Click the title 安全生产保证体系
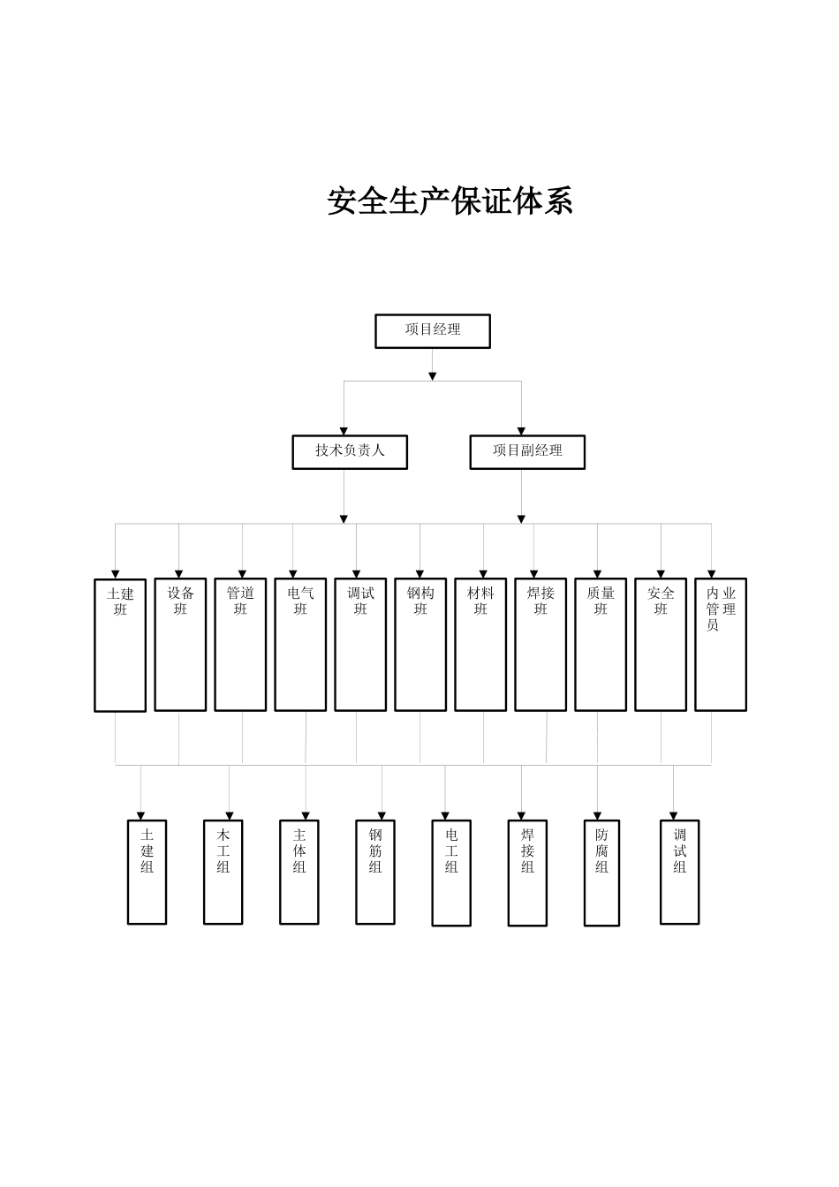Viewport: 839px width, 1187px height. (x=450, y=201)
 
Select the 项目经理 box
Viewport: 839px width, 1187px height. (x=433, y=331)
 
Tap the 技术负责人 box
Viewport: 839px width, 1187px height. (x=350, y=451)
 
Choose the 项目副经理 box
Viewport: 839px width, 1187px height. (x=527, y=451)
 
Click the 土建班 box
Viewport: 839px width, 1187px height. (x=120, y=645)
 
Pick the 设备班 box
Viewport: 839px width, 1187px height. (x=180, y=644)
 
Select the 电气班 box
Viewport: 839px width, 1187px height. (x=300, y=644)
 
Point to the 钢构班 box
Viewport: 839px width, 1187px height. (x=420, y=644)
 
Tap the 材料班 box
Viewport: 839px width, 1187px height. (x=480, y=644)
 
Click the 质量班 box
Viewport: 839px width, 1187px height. (x=601, y=644)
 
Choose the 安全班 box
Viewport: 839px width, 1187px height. (x=661, y=644)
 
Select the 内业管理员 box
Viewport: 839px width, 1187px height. (x=721, y=644)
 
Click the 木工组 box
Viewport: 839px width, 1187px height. (x=223, y=872)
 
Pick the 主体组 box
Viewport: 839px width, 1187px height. (x=299, y=872)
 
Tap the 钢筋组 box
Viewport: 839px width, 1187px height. (x=375, y=872)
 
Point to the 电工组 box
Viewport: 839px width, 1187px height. (x=451, y=873)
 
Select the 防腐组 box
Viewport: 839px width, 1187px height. (x=601, y=873)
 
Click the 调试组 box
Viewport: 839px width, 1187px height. (x=680, y=872)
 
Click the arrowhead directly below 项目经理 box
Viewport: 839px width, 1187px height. (x=433, y=376)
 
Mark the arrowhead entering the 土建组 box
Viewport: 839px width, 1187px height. (x=140, y=815)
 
